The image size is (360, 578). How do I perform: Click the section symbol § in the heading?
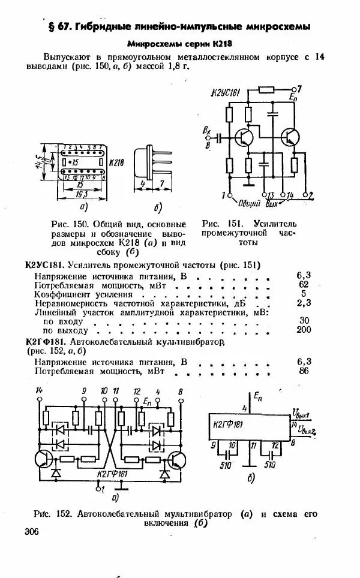(52, 27)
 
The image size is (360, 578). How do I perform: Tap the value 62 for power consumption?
(304, 284)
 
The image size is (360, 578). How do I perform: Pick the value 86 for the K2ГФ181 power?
(304, 371)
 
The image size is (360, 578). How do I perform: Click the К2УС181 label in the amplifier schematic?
(225, 92)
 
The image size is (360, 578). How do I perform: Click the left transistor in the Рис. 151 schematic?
(244, 137)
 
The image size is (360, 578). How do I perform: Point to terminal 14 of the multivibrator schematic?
(40, 391)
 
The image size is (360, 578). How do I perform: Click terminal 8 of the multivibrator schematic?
(181, 391)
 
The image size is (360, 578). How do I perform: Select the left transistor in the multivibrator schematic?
(43, 459)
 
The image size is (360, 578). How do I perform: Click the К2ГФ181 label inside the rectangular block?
(229, 425)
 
